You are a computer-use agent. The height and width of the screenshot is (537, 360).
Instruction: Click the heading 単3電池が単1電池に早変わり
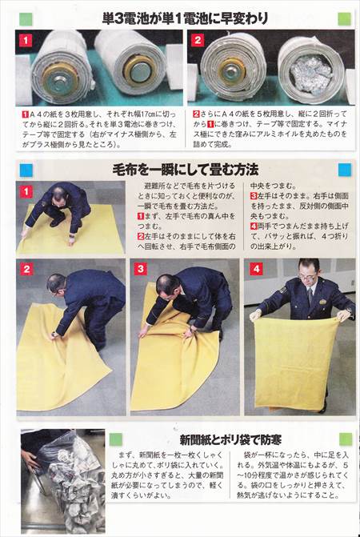(179, 17)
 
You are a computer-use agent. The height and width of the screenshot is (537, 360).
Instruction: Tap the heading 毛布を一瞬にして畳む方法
(181, 170)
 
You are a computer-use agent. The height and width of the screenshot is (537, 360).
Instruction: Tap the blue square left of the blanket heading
(26, 170)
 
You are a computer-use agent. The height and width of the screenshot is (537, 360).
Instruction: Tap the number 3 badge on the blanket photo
(142, 271)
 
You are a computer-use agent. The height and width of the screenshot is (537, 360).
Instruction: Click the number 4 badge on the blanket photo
(256, 271)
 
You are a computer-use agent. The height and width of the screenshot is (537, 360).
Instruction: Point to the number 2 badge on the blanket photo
(26, 271)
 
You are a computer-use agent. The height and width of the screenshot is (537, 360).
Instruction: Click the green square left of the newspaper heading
(115, 439)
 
